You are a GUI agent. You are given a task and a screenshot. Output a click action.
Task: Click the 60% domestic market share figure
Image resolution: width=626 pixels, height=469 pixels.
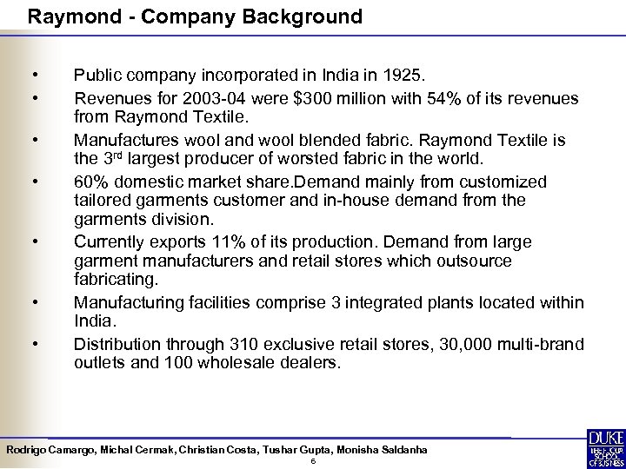tap(90, 182)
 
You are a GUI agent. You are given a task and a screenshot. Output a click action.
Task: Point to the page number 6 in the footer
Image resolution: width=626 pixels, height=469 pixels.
tap(312, 460)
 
